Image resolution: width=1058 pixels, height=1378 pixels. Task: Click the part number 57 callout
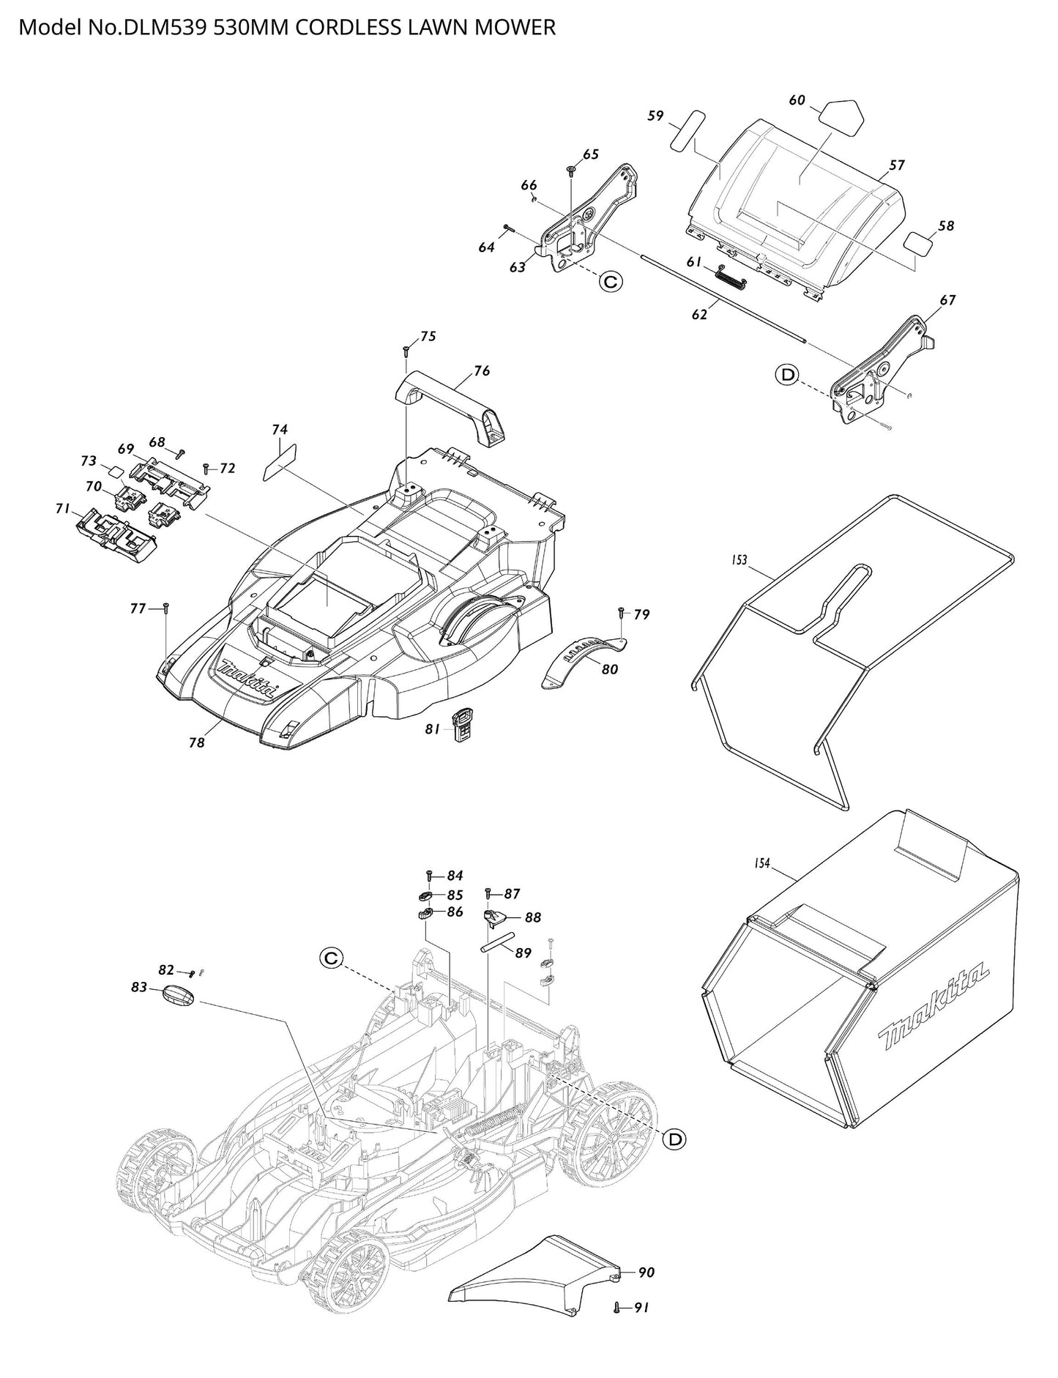pos(898,165)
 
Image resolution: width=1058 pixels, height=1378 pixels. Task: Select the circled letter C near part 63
pos(609,281)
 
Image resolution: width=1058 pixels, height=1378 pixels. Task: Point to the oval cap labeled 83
pos(178,995)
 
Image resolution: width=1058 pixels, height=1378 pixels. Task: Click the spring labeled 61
pos(731,276)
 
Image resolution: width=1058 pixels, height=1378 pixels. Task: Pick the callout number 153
pos(739,560)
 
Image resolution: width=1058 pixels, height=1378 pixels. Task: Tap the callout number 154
pos(761,864)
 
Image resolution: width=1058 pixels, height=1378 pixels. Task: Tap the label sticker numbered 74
pos(278,462)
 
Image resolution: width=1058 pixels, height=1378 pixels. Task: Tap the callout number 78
pos(196,742)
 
